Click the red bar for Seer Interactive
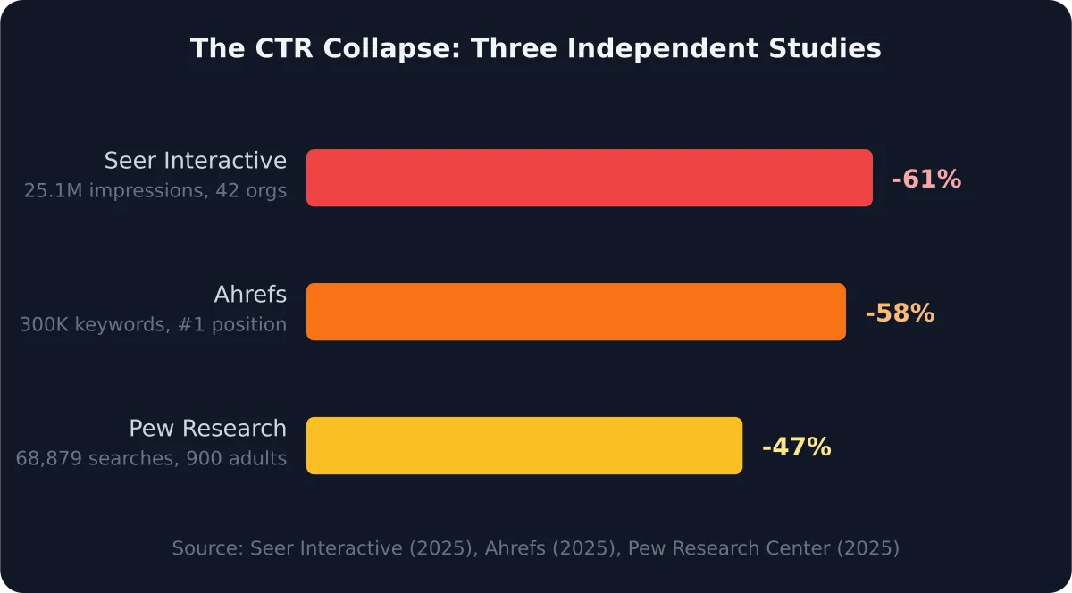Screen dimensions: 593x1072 pos(590,178)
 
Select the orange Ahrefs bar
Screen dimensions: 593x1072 pos(576,312)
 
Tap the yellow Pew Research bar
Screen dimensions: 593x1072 pos(524,446)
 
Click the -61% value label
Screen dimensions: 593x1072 pos(926,179)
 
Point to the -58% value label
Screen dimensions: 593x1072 pos(900,313)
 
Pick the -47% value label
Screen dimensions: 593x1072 pos(796,447)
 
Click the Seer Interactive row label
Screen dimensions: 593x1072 pos(195,161)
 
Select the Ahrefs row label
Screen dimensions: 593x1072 pos(250,295)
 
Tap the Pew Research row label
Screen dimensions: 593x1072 pos(207,429)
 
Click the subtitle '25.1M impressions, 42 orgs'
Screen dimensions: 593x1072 pos(155,190)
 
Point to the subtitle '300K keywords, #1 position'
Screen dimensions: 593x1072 pos(153,324)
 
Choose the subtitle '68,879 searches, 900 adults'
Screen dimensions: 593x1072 pos(151,458)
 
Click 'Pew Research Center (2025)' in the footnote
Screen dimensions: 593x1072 pos(764,547)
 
